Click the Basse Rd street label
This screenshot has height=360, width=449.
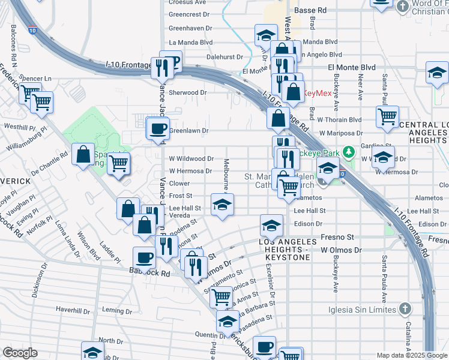point(314,10)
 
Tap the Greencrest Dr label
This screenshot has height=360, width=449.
point(188,14)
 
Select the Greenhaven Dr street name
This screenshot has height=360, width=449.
point(188,28)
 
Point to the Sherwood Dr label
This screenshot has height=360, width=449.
point(187,93)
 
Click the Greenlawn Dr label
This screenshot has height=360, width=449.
point(188,130)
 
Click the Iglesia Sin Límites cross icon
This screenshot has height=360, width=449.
point(405,309)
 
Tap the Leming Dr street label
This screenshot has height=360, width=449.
point(117,310)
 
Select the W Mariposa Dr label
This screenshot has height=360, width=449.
point(341,133)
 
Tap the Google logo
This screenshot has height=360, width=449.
point(20,352)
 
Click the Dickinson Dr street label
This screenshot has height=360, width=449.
point(39,284)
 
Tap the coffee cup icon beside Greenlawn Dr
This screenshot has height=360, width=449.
point(158,129)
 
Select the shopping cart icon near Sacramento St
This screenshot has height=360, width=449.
point(221,296)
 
